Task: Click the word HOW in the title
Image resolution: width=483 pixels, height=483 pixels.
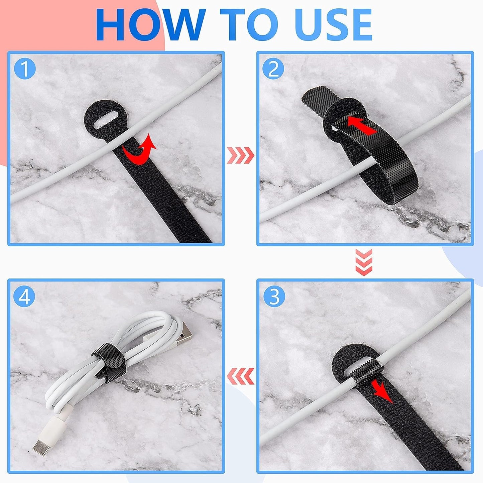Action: click(150, 25)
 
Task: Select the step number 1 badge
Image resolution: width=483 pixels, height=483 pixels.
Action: click(25, 69)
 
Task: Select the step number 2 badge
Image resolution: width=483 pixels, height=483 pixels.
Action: click(273, 69)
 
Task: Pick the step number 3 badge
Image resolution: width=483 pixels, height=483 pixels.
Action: click(274, 296)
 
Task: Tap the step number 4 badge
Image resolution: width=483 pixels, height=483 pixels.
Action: click(25, 296)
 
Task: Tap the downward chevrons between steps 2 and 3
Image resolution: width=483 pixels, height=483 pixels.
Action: click(364, 262)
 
